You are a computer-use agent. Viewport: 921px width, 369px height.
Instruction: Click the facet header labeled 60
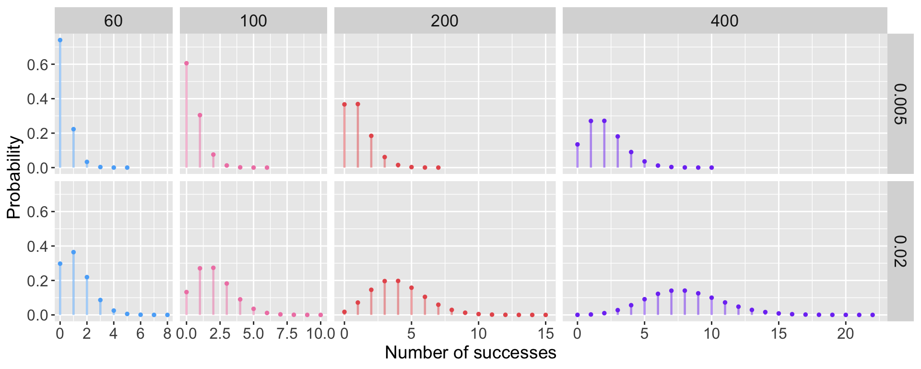pos(114,21)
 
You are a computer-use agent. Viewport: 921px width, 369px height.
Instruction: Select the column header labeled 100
pos(253,21)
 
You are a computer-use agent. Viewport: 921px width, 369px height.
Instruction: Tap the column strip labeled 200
pos(445,21)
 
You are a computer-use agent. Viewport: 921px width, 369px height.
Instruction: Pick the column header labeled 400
pos(724,21)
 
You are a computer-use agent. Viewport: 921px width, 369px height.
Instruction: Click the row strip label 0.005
pos(901,104)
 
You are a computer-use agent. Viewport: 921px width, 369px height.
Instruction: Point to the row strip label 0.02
pos(901,251)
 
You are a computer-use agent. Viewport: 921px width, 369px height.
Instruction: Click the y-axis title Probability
pos(14,177)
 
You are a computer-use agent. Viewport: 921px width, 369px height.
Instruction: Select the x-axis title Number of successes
pos(470,353)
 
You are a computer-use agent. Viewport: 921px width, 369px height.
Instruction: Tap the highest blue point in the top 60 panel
pos(60,40)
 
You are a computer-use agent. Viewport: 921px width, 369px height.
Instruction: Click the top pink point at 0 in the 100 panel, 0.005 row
pos(187,63)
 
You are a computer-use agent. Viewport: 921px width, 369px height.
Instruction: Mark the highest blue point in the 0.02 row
pos(73,252)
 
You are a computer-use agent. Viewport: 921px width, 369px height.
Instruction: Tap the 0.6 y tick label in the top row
pos(38,65)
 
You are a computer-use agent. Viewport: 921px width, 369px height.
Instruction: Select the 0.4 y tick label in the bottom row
pos(38,246)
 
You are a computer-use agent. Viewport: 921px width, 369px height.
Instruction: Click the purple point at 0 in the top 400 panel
pos(578,144)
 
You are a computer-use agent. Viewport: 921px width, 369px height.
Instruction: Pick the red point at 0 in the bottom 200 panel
pos(344,312)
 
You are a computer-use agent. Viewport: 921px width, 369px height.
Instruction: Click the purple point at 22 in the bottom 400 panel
pos(873,315)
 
